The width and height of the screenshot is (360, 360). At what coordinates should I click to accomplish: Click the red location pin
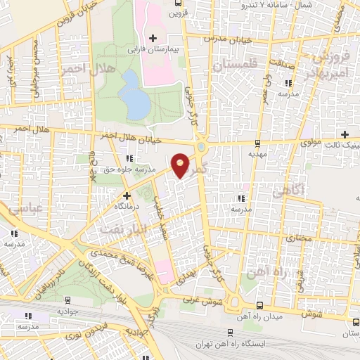coord(181,165)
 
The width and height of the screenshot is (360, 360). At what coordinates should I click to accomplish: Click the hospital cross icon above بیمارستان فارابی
coord(153,37)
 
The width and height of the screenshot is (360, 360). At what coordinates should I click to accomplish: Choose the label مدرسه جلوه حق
coord(118,169)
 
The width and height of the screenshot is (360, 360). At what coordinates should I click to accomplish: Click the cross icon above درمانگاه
coord(127,195)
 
